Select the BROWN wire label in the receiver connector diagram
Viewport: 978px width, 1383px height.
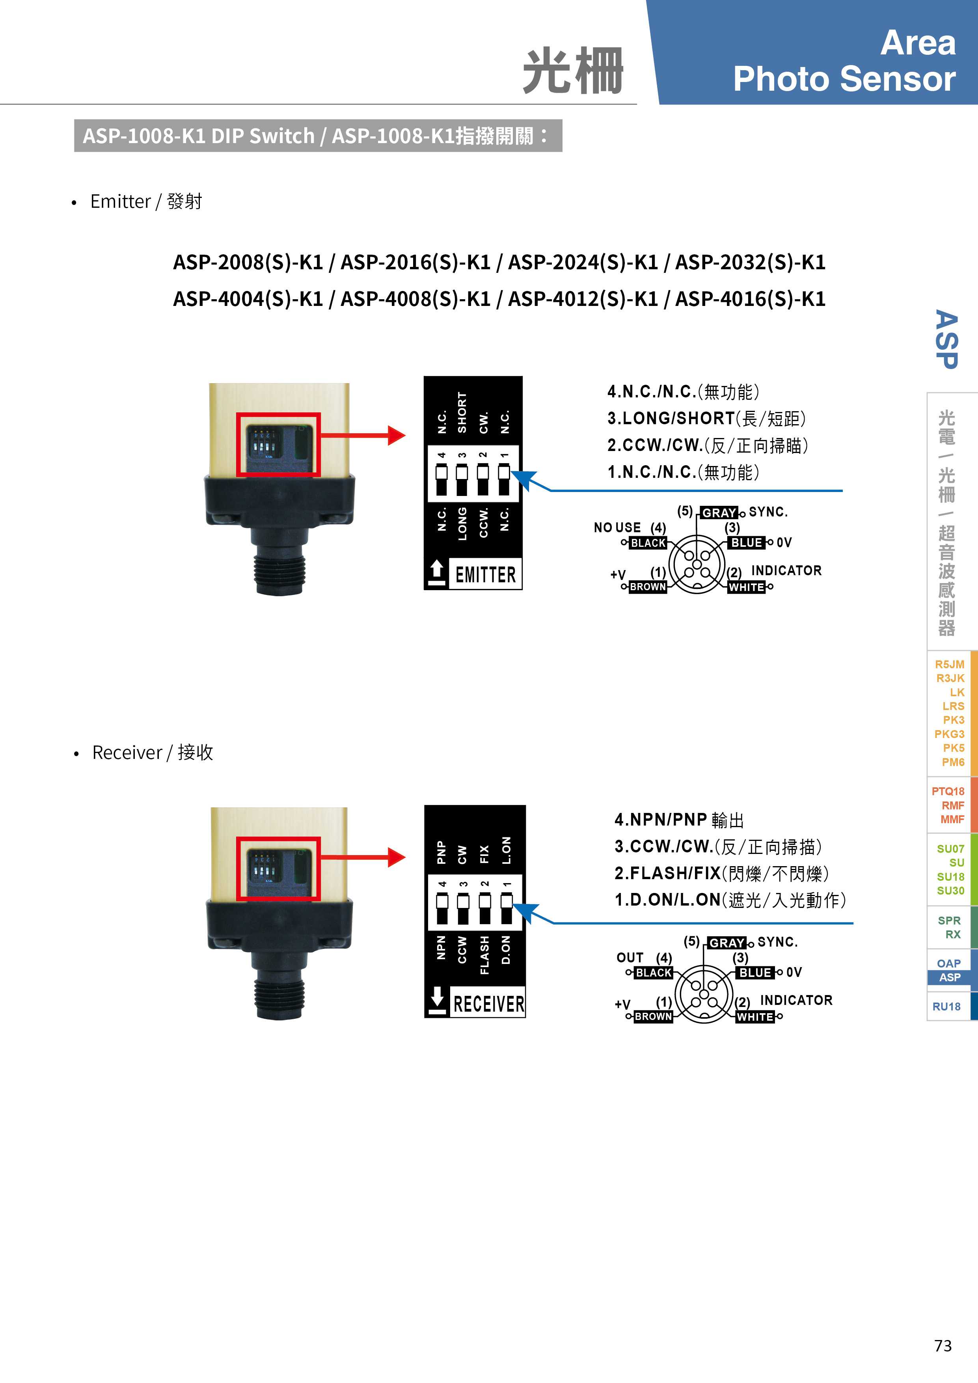coord(654,1016)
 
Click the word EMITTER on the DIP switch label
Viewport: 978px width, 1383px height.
coord(485,575)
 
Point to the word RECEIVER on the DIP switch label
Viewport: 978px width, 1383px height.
coord(488,1004)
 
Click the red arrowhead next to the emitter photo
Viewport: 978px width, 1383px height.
coord(396,436)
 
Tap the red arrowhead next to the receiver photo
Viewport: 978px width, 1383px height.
coord(396,857)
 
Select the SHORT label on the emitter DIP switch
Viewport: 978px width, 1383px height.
coord(462,413)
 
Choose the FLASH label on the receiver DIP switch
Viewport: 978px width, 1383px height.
coord(484,955)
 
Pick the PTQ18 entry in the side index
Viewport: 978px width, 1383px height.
coord(948,792)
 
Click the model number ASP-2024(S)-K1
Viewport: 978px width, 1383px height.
coord(583,262)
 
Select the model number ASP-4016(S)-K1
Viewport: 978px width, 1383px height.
coord(751,299)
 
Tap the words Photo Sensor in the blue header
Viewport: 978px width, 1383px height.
coord(844,79)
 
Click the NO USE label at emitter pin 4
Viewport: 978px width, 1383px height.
coord(617,527)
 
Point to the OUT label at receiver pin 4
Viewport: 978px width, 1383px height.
coord(630,958)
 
